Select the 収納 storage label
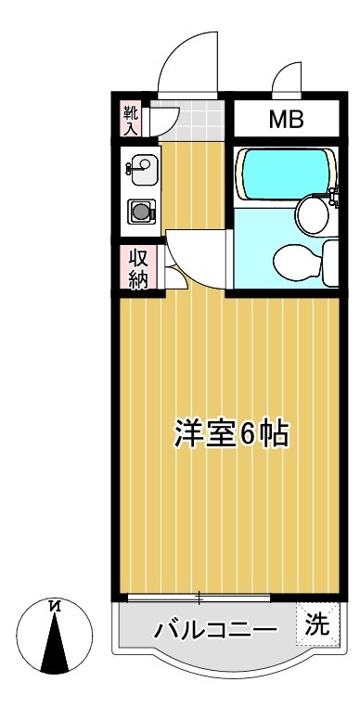(x=138, y=268)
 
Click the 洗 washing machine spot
(x=317, y=624)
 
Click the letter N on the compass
(x=57, y=607)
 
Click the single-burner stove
(x=140, y=212)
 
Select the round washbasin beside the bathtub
(x=310, y=216)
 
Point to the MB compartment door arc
(x=287, y=78)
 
